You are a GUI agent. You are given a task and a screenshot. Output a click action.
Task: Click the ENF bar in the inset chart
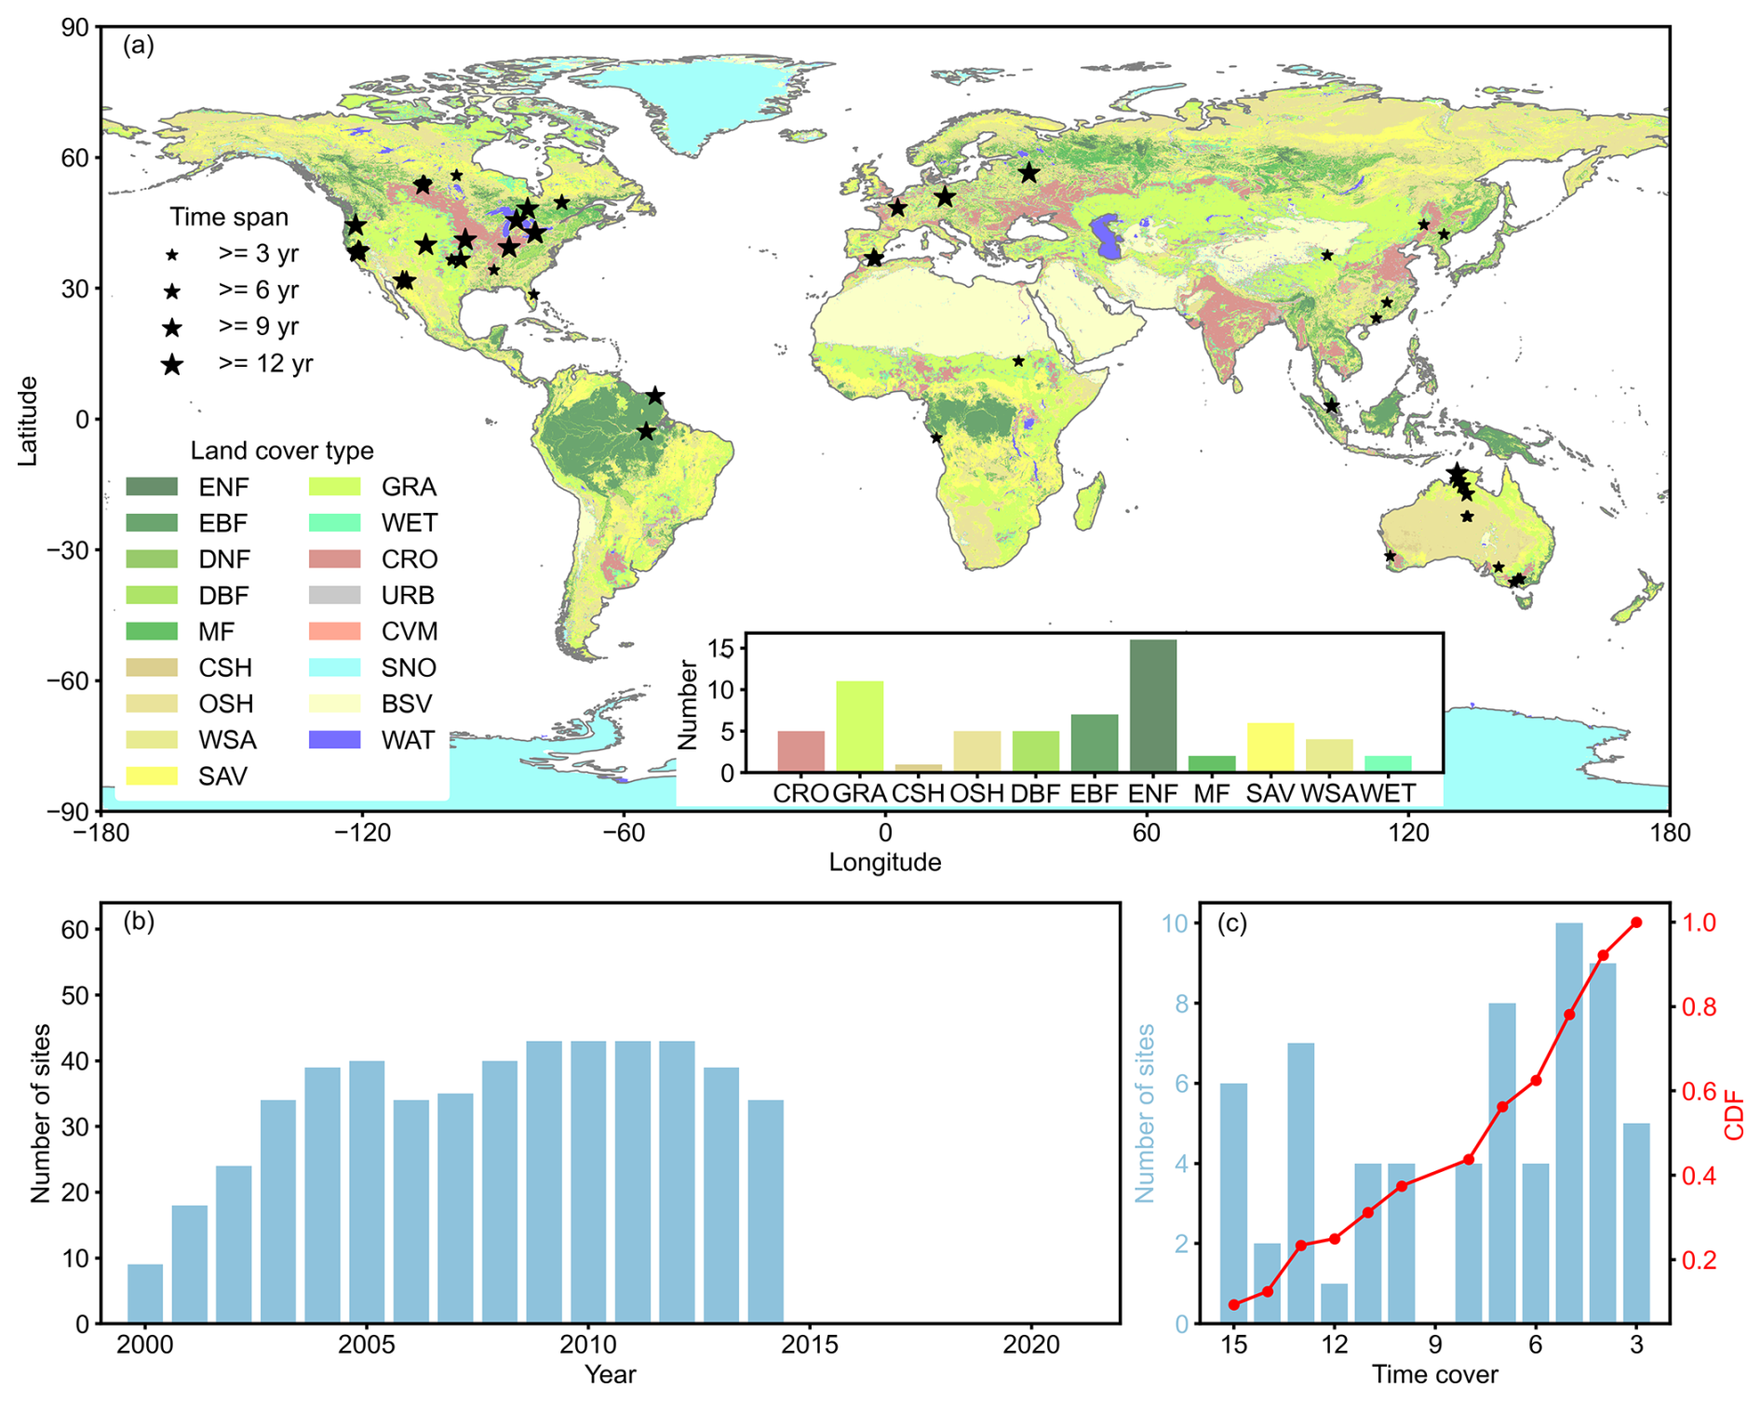pyautogui.click(x=1152, y=706)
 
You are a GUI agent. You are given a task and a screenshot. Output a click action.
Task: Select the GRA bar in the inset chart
pyautogui.click(x=859, y=726)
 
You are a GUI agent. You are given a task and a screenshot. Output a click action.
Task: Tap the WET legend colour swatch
pyautogui.click(x=334, y=522)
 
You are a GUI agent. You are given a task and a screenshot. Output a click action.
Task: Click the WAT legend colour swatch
pyautogui.click(x=334, y=740)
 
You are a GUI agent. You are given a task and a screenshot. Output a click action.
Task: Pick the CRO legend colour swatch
pyautogui.click(x=334, y=559)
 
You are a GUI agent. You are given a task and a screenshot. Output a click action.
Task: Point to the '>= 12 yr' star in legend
pyautogui.click(x=172, y=365)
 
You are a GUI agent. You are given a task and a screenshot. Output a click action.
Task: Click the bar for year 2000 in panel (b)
pyautogui.click(x=145, y=1293)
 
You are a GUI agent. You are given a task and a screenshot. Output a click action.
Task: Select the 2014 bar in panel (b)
pyautogui.click(x=765, y=1211)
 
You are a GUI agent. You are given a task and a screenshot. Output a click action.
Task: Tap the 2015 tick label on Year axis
pyautogui.click(x=810, y=1345)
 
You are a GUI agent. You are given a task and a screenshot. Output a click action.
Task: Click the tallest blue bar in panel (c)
pyautogui.click(x=1569, y=1122)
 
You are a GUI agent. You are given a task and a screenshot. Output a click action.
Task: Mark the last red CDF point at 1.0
pyautogui.click(x=1636, y=923)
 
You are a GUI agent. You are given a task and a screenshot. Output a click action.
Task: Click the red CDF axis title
pyautogui.click(x=1734, y=1117)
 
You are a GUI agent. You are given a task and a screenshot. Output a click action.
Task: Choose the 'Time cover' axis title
pyautogui.click(x=1434, y=1375)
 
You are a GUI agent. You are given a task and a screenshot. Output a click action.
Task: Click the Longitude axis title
pyautogui.click(x=884, y=862)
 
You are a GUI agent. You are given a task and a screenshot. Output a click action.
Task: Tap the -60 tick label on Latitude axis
pyautogui.click(x=69, y=680)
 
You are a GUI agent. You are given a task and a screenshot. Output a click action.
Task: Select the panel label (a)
pyautogui.click(x=139, y=45)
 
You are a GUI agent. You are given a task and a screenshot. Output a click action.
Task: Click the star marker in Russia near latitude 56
pyautogui.click(x=1028, y=173)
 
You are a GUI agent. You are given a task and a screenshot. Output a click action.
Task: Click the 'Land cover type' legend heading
pyautogui.click(x=282, y=451)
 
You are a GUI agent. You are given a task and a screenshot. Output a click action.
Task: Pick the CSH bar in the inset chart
pyautogui.click(x=918, y=768)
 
